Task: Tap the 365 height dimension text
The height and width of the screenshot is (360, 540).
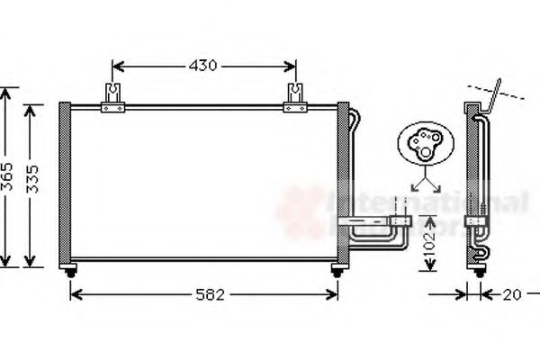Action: pyautogui.click(x=7, y=180)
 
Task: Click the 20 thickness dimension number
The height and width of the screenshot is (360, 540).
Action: pyautogui.click(x=509, y=294)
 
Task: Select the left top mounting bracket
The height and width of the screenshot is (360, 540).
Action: pyautogui.click(x=112, y=98)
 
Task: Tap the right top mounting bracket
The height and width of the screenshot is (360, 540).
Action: pyautogui.click(x=295, y=98)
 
